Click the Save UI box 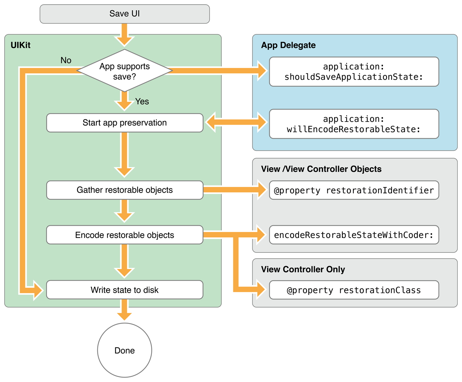click(x=124, y=14)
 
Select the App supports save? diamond click(x=124, y=71)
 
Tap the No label click(x=66, y=60)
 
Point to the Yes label click(x=142, y=101)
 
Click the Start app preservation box click(x=124, y=123)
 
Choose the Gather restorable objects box click(x=124, y=190)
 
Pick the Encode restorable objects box click(x=124, y=235)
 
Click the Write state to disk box click(x=124, y=290)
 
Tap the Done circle click(x=124, y=350)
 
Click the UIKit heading click(x=20, y=45)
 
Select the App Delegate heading click(x=288, y=45)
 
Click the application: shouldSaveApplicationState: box click(x=354, y=72)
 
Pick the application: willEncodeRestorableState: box click(x=354, y=124)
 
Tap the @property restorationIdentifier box click(x=354, y=190)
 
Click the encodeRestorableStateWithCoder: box click(x=354, y=235)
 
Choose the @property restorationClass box click(x=354, y=290)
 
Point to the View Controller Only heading click(x=303, y=269)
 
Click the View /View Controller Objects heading click(x=321, y=169)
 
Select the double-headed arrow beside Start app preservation click(x=236, y=123)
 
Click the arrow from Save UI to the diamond click(x=124, y=35)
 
